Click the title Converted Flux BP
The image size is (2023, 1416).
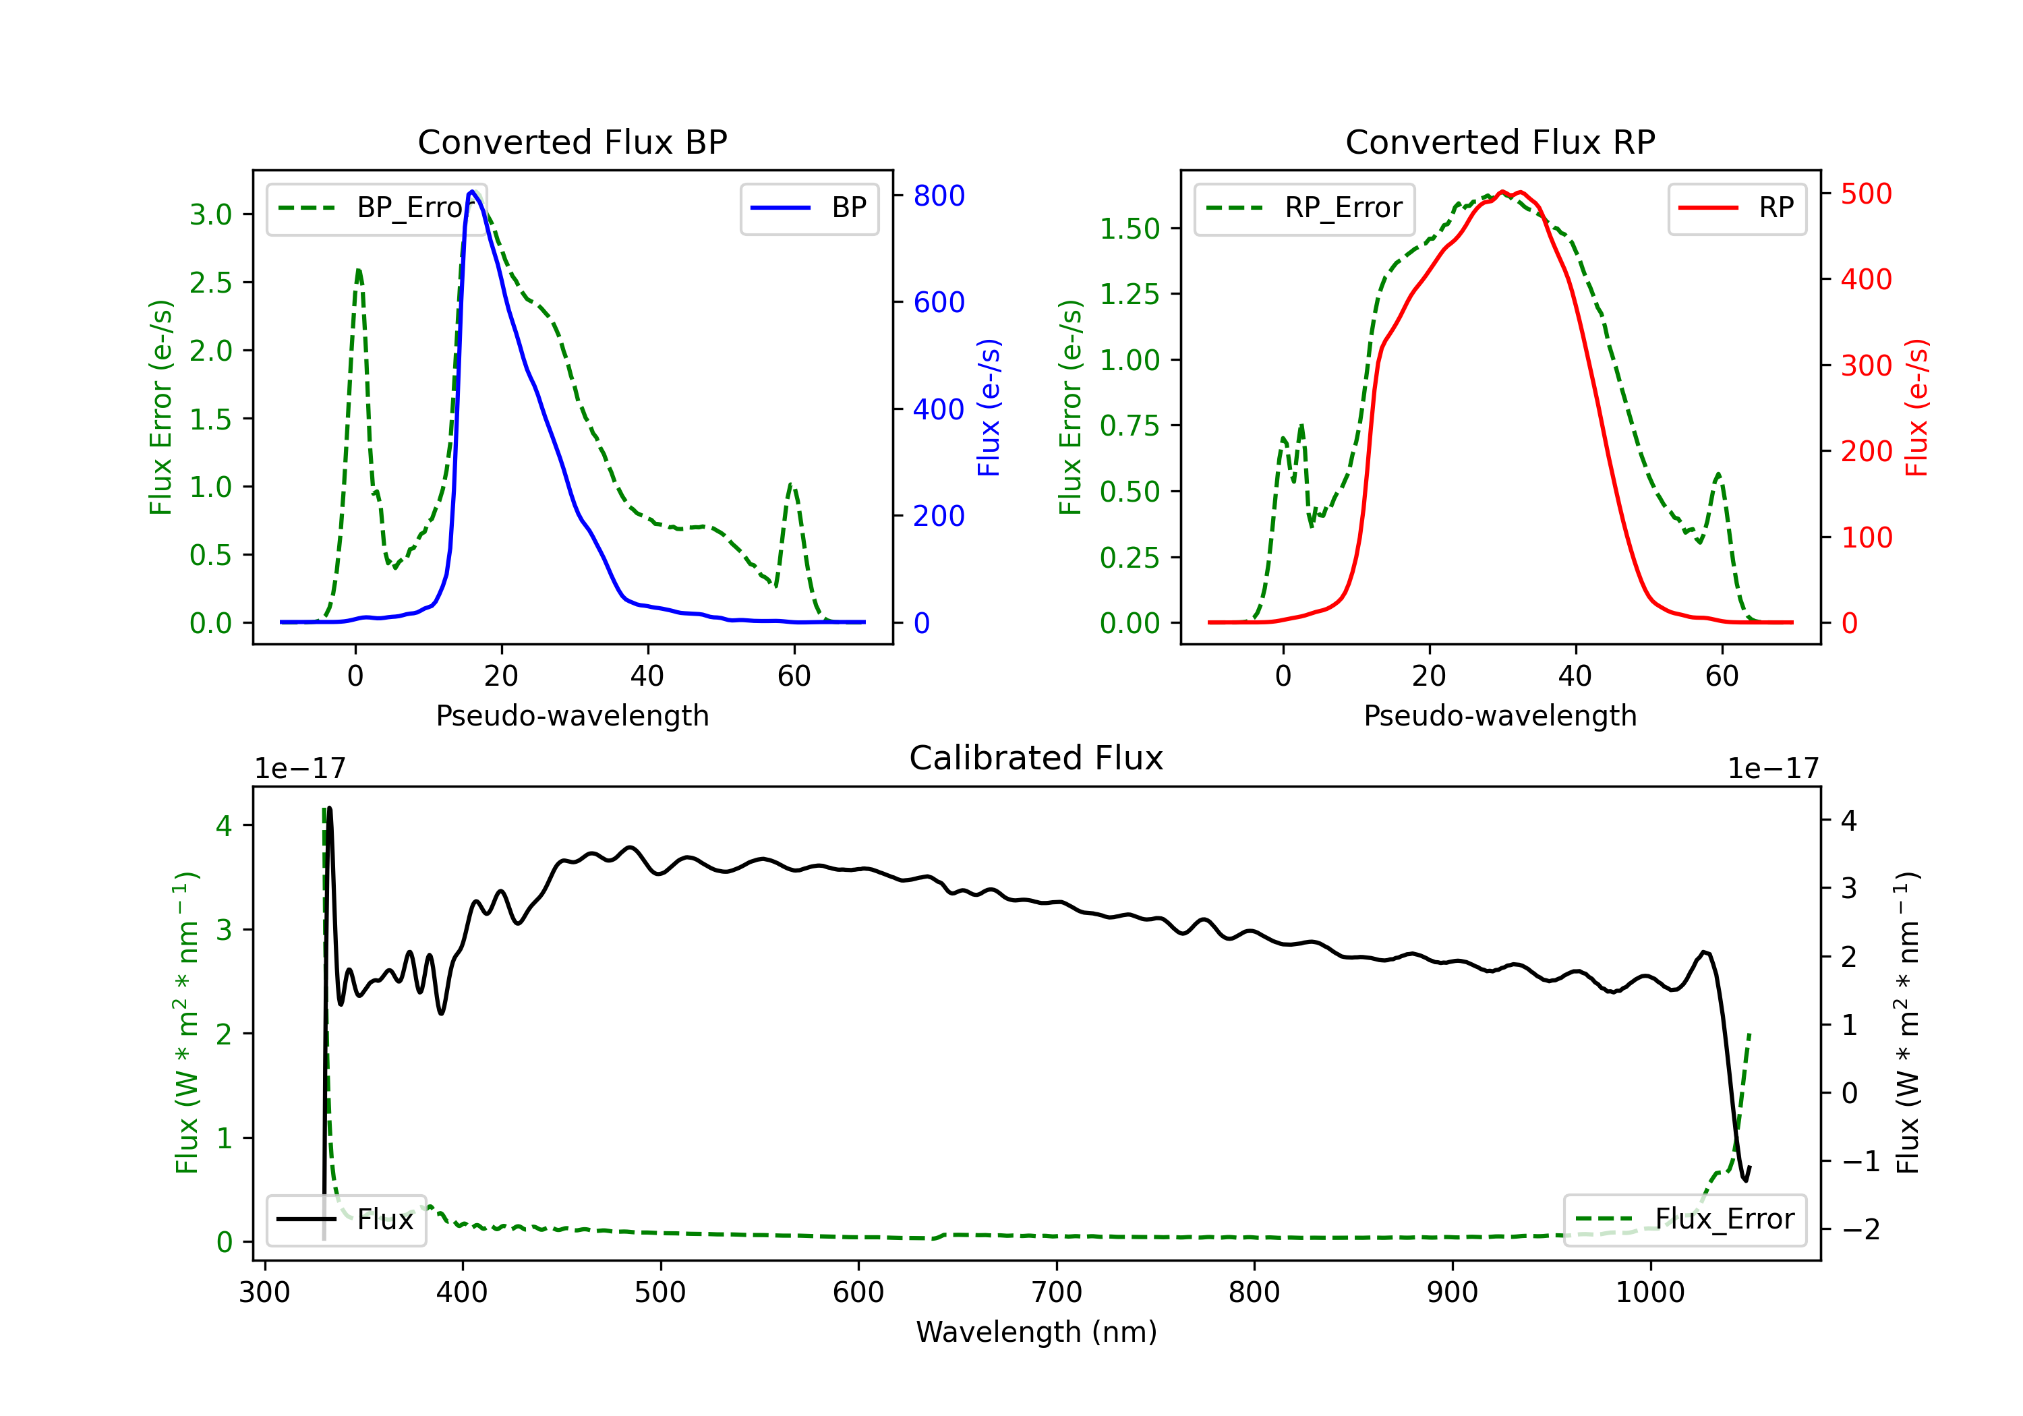tap(572, 142)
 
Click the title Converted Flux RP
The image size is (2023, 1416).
tap(1500, 142)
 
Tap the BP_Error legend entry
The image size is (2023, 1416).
tap(376, 208)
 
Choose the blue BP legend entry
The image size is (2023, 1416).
tap(809, 208)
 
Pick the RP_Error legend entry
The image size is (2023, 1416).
tap(1304, 208)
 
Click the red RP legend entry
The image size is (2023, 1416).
tap(1736, 208)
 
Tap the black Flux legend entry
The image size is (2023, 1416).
tap(345, 1220)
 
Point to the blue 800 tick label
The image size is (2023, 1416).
tap(939, 196)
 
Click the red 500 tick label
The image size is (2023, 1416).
tap(1866, 194)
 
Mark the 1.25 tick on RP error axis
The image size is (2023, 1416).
tap(1130, 294)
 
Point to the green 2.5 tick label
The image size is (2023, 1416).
tap(210, 283)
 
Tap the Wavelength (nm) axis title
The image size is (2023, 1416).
tap(1036, 1332)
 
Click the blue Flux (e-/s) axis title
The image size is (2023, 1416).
tap(989, 407)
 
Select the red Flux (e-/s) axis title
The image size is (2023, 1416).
tap(1916, 407)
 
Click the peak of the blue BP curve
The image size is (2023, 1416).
tap(472, 191)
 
